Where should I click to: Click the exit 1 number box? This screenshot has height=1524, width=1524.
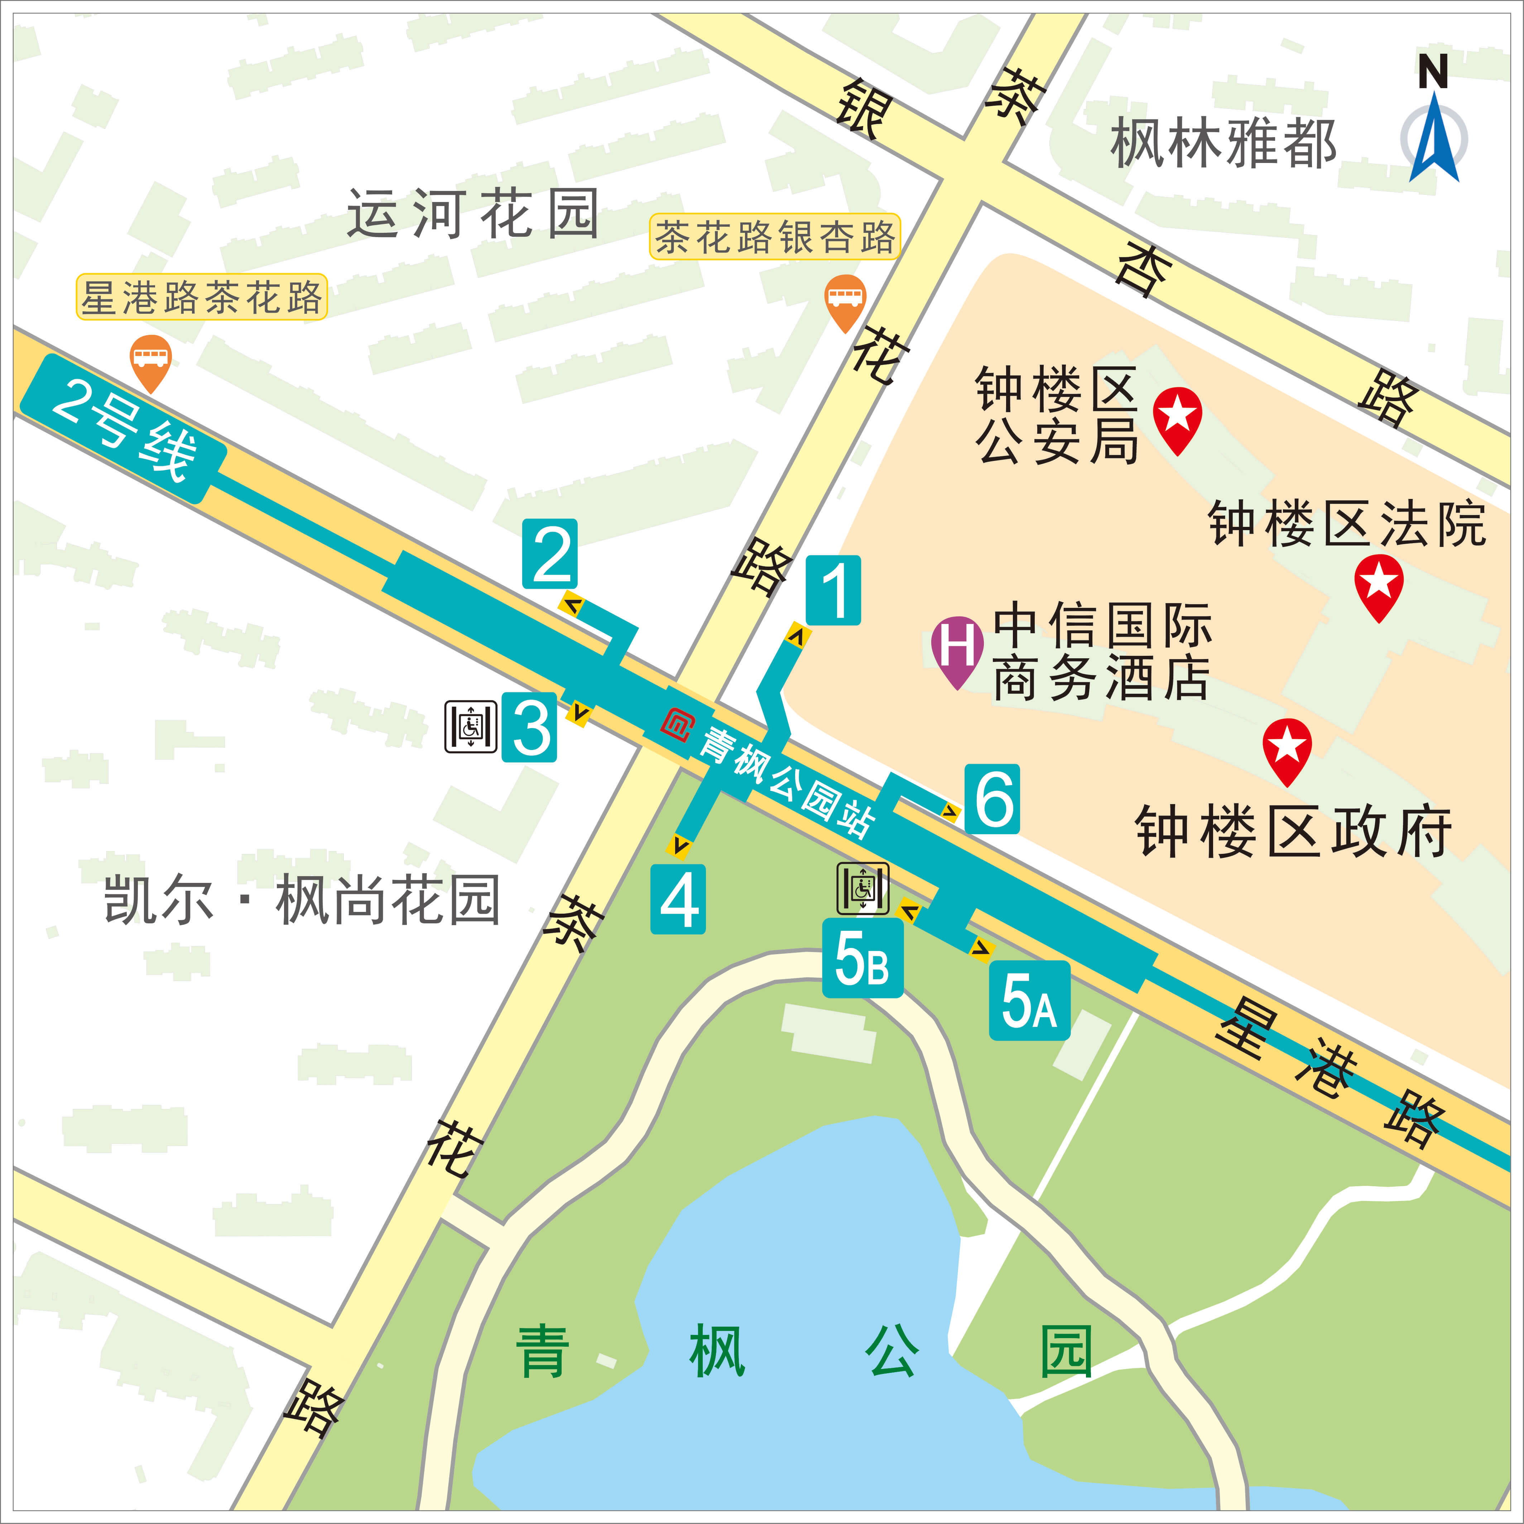pyautogui.click(x=833, y=590)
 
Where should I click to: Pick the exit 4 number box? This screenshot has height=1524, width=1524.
pyautogui.click(x=678, y=899)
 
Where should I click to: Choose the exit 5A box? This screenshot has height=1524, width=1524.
pyautogui.click(x=1029, y=1000)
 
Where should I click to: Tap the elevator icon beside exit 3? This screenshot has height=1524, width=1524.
pyautogui.click(x=471, y=726)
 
